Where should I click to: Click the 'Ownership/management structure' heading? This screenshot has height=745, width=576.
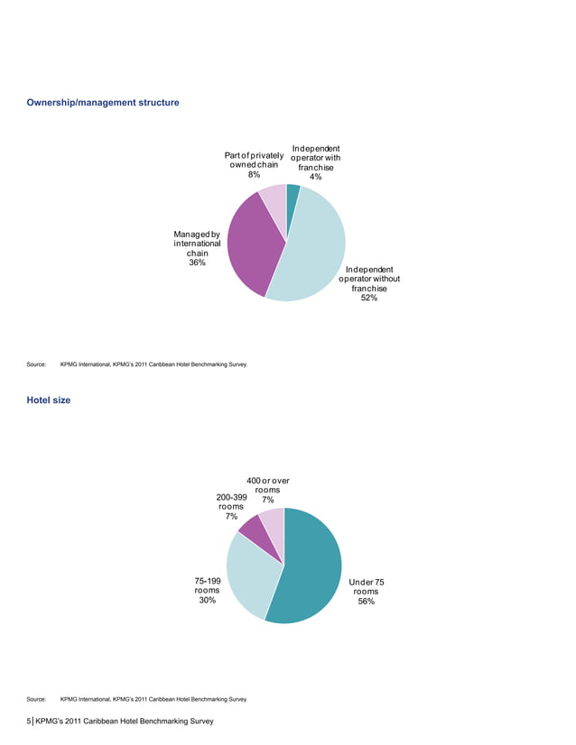tap(104, 104)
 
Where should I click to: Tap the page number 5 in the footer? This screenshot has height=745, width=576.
tap(29, 722)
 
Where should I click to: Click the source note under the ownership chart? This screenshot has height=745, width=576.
tap(135, 365)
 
